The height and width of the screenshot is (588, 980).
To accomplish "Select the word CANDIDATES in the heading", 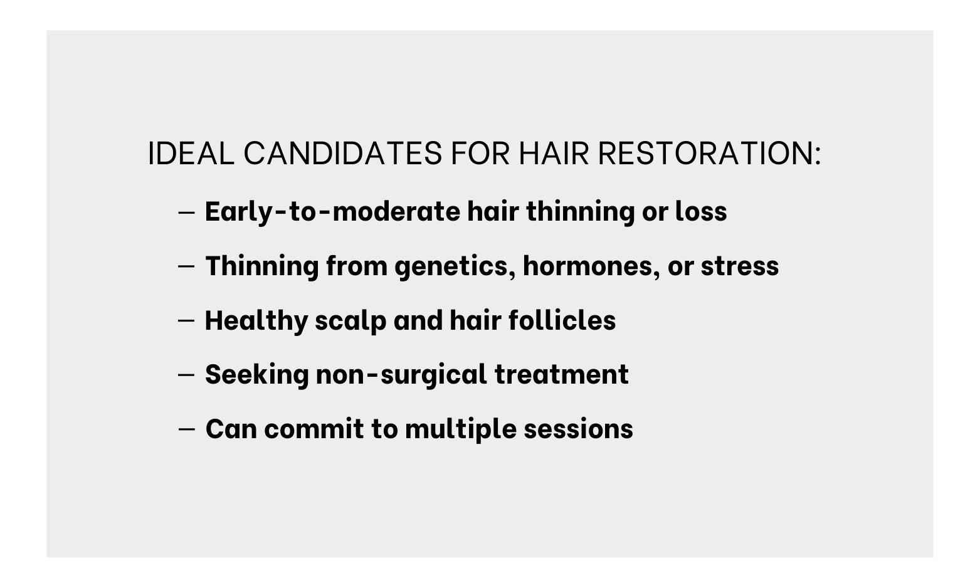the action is tap(342, 154).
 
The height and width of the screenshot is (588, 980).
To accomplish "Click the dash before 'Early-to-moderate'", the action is tap(186, 213).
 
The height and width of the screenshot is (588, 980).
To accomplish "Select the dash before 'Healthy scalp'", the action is tap(186, 321).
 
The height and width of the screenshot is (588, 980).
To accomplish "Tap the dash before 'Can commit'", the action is tap(186, 429).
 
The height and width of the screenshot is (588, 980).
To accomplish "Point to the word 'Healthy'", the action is tap(256, 321).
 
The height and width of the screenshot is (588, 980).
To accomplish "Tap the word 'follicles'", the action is tap(562, 320).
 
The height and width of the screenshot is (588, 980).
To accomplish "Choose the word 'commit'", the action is tap(314, 429).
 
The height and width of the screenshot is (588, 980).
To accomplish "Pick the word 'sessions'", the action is tap(578, 429).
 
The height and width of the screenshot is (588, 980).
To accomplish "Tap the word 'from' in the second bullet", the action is tap(357, 266).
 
